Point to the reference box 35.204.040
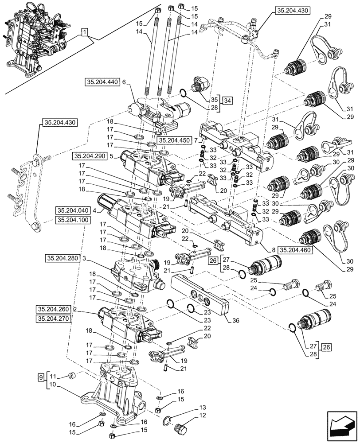tap(73, 210)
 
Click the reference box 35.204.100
tap(73, 220)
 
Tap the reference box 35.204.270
tap(54, 318)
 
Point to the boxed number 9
tap(41, 377)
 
